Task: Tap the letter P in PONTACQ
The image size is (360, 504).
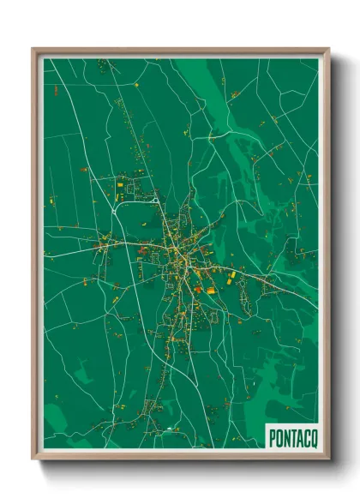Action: tap(272, 437)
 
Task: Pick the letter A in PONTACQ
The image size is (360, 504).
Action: tap(296, 437)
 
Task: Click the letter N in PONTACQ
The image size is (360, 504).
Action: tap(284, 437)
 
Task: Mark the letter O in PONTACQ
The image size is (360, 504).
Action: tap(278, 437)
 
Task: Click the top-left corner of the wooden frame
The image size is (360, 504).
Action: tap(33, 50)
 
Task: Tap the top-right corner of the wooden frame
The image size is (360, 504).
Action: tap(328, 50)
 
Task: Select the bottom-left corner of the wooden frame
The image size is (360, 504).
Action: tap(33, 459)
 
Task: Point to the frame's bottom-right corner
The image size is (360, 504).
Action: tap(328, 459)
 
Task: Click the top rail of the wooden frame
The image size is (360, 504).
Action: tap(180, 51)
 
